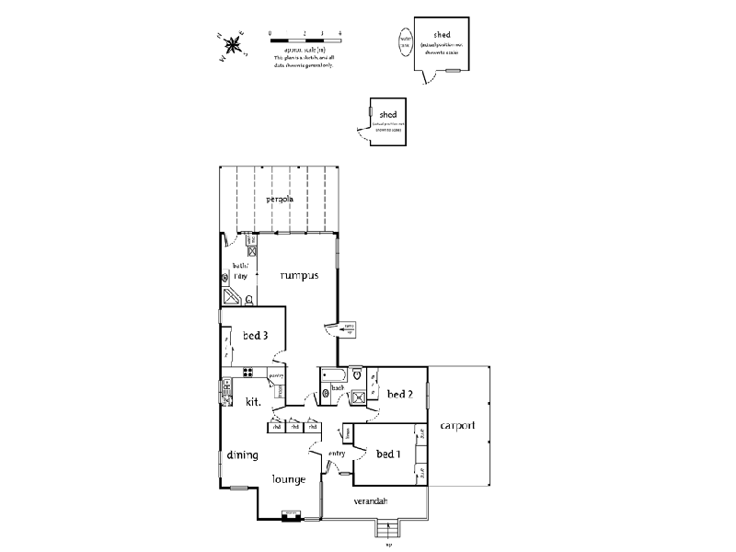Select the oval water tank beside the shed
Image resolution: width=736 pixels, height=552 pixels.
[x=405, y=40]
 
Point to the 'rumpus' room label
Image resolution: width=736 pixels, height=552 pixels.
[x=299, y=275]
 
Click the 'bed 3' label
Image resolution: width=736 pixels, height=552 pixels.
[x=255, y=336]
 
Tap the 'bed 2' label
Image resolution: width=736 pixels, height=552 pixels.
[x=400, y=394]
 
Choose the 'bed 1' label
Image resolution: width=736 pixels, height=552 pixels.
[x=389, y=454]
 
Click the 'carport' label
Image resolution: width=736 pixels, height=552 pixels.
[x=457, y=426]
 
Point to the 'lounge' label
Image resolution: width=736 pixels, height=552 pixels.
[x=288, y=478]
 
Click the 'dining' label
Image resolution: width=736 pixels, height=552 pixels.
[x=243, y=454]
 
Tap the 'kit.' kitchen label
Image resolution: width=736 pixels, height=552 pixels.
[x=253, y=401]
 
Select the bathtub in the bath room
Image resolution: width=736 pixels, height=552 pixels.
[x=333, y=375]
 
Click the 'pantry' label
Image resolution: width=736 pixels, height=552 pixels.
[x=276, y=376]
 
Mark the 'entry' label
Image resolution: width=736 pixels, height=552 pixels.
[x=337, y=452]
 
